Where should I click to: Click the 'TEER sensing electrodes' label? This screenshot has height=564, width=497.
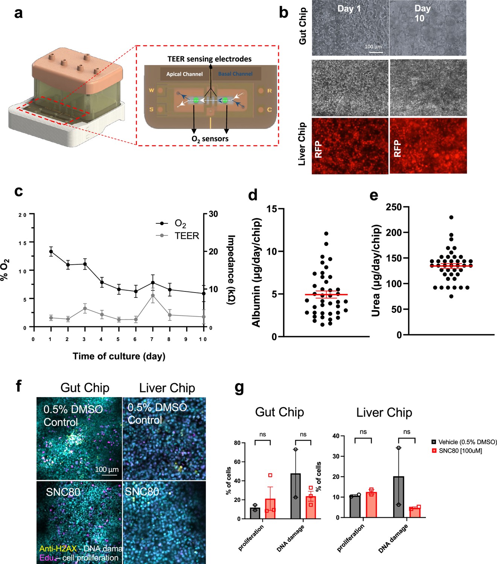pyautogui.click(x=210, y=59)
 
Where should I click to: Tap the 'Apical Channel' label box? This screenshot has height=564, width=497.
pyautogui.click(x=184, y=74)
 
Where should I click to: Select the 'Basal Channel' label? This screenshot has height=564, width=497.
pyautogui.click(x=235, y=74)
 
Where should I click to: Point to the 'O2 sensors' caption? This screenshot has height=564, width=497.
pyautogui.click(x=210, y=139)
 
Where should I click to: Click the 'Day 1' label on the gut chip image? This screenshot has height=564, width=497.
pyautogui.click(x=349, y=9)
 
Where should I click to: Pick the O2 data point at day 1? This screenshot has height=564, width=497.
pyautogui.click(x=51, y=252)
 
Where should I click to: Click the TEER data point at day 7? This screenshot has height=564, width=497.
pyautogui.click(x=153, y=296)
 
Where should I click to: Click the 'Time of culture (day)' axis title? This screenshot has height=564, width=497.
pyautogui.click(x=119, y=356)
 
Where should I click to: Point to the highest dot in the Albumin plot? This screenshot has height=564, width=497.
pyautogui.click(x=326, y=233)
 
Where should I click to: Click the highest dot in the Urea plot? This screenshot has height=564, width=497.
pyautogui.click(x=451, y=217)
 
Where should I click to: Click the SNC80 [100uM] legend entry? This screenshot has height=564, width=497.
pyautogui.click(x=460, y=450)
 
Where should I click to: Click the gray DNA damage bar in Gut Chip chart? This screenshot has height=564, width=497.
pyautogui.click(x=296, y=496)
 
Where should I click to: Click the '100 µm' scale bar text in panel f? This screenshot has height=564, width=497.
pyautogui.click(x=107, y=469)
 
